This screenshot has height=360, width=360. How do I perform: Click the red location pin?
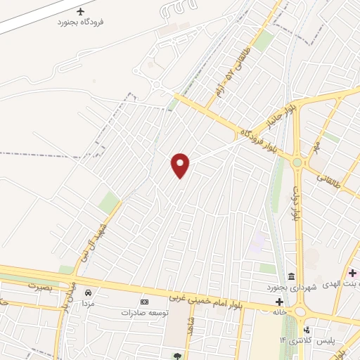pos(181,165)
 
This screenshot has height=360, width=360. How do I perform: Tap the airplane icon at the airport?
pos(81,12)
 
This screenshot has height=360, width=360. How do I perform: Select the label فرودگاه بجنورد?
pos(81,22)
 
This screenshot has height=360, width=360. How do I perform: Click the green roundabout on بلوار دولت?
pos(297,162)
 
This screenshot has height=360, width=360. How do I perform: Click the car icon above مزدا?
pos(88,292)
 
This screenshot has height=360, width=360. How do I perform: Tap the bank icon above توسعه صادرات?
pos(145,302)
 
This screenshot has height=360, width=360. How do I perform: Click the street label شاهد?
pos(190,326)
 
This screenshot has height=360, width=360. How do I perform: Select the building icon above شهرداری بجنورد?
pos(290,276)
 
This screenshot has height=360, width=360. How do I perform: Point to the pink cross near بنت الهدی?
pos(352,273)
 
